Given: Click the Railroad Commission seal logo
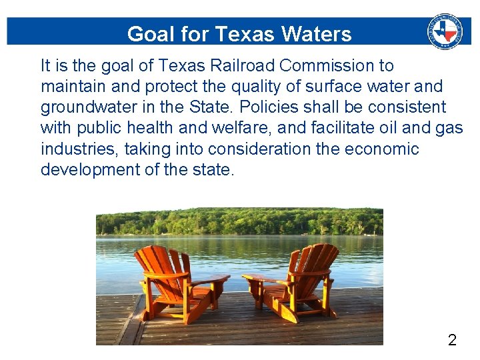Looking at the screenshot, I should point(445,31).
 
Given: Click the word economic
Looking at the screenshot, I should point(381,149).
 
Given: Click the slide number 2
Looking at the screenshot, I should point(452,341).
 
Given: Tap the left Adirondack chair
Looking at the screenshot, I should point(175,283).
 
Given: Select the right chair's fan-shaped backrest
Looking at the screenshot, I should point(315,262).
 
